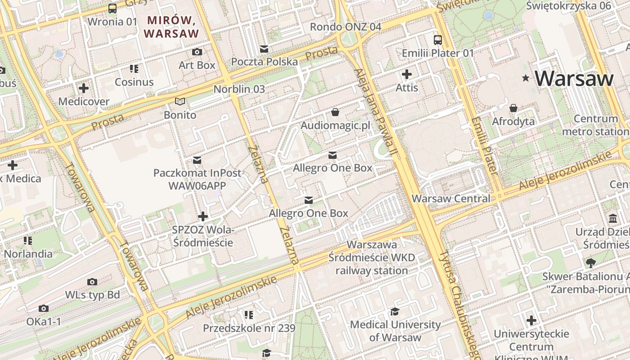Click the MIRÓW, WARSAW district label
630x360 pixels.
[171, 27]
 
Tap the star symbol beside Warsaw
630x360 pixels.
[525, 78]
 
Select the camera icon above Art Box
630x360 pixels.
[197, 52]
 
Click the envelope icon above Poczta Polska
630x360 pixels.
[264, 49]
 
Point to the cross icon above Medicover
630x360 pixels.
[84, 88]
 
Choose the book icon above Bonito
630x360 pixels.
[180, 102]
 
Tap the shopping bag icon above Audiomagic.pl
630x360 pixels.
[335, 112]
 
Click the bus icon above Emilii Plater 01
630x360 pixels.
[437, 40]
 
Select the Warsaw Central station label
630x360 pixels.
[451, 198]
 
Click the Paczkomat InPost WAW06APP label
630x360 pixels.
[197, 179]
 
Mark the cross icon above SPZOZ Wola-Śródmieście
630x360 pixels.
[203, 216]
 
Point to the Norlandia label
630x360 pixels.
[28, 254]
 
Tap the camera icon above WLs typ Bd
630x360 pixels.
[92, 282]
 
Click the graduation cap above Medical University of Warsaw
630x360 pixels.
[395, 311]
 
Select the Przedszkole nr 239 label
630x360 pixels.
[249, 328]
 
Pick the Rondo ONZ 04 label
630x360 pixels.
[345, 27]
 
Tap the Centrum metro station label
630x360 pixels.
[595, 125]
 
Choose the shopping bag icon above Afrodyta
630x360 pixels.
[513, 108]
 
